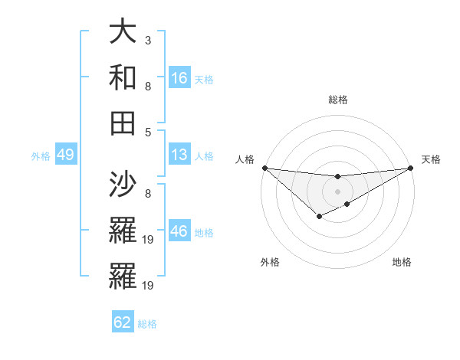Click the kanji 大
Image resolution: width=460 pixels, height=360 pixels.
coord(123,33)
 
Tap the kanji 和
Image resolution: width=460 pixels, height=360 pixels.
coord(123,77)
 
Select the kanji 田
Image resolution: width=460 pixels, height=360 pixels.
coord(123,122)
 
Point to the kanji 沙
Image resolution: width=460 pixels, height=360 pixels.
coord(123,184)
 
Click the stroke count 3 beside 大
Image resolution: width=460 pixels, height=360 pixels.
coord(148,39)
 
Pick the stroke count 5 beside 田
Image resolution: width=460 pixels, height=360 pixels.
coord(148,131)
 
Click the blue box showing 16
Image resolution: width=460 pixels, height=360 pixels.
coord(179,77)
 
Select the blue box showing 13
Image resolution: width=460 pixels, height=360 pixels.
coord(179,155)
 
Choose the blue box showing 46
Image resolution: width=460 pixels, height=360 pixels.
coord(179,231)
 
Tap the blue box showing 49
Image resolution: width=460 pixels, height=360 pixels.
coord(65,155)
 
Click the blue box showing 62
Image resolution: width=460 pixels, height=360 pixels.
coord(123,322)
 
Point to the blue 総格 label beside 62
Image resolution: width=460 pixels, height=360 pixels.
coord(148,324)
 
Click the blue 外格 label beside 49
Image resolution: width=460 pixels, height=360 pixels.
coord(41,156)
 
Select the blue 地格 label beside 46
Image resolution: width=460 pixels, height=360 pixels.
coord(204,233)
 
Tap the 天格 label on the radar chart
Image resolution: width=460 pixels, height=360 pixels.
coord(431,159)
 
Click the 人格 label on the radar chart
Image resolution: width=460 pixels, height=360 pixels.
coord(245,159)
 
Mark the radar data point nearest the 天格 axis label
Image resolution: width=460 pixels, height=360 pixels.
coord(411,168)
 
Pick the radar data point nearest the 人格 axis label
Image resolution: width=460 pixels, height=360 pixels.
coord(264,168)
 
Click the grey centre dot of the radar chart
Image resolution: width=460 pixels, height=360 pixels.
coord(337,191)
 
